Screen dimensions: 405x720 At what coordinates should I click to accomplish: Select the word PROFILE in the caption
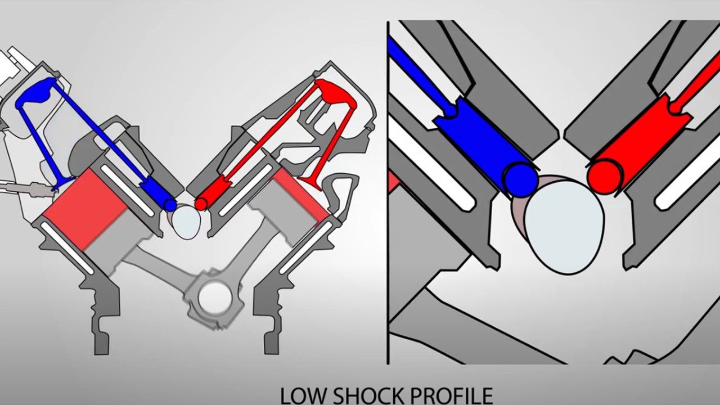451,395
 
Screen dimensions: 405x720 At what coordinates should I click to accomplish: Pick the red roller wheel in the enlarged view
604,176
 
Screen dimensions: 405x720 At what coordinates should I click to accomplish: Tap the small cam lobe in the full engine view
186,221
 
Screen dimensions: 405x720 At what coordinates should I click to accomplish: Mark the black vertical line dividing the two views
388,191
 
